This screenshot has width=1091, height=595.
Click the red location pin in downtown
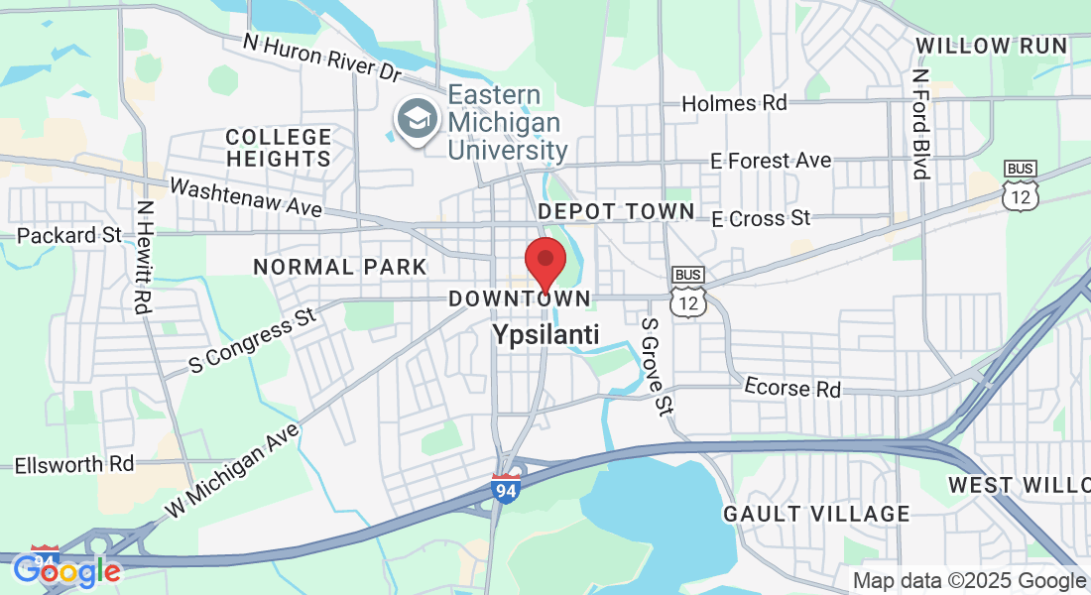click(545, 261)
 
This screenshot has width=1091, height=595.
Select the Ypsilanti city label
click(545, 335)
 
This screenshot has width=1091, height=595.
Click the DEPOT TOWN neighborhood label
click(616, 211)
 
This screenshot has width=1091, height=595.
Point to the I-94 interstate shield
click(506, 487)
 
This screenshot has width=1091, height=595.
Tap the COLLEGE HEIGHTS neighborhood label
click(279, 148)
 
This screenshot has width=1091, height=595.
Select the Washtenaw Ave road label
click(246, 197)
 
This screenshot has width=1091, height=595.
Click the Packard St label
click(68, 236)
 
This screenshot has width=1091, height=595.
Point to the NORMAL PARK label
click(340, 267)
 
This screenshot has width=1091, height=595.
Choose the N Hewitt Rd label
click(146, 258)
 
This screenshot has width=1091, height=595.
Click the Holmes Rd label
click(735, 103)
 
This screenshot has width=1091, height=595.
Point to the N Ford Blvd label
click(921, 124)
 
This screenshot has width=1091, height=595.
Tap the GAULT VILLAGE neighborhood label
click(816, 514)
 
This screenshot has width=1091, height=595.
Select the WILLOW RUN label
click(992, 46)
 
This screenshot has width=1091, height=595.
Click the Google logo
click(66, 570)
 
